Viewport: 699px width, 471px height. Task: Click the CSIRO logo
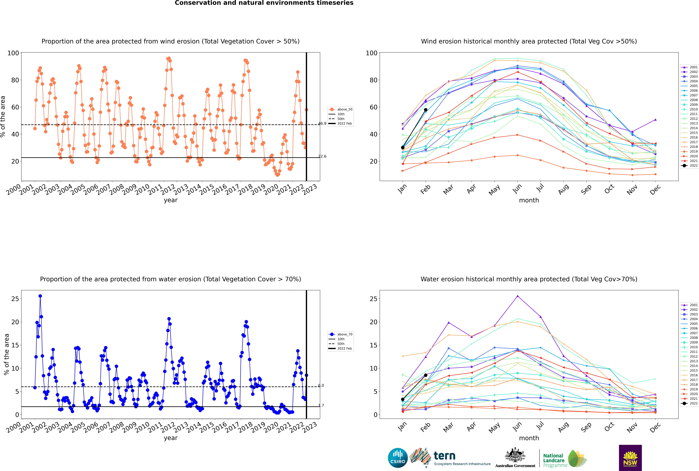pos(398,458)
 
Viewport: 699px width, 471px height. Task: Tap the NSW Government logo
pos(630,458)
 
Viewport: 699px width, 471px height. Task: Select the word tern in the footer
pos(444,456)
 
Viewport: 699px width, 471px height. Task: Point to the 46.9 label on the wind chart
pos(322,123)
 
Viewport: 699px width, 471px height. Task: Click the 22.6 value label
pos(322,156)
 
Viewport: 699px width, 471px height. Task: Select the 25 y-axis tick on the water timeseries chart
pos(15,299)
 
